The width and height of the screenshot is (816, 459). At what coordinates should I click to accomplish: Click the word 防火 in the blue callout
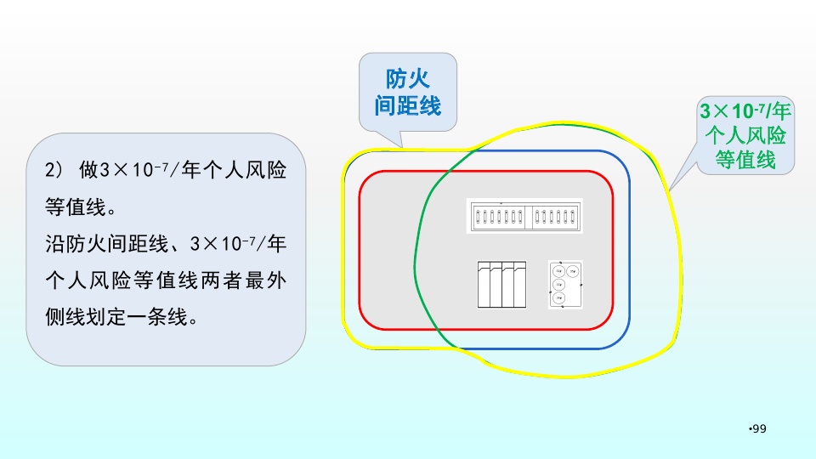point(408,80)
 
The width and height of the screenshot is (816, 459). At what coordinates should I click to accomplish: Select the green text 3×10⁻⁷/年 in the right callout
point(745,111)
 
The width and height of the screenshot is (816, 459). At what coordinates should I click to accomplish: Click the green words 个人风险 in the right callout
point(745,135)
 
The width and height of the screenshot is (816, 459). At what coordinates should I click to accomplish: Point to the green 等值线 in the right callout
point(745,159)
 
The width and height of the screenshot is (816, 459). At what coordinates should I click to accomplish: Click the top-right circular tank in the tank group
point(573,271)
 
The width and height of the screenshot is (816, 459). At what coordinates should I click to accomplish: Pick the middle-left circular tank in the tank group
point(558,284)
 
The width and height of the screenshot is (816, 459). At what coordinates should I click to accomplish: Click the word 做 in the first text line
point(89,170)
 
